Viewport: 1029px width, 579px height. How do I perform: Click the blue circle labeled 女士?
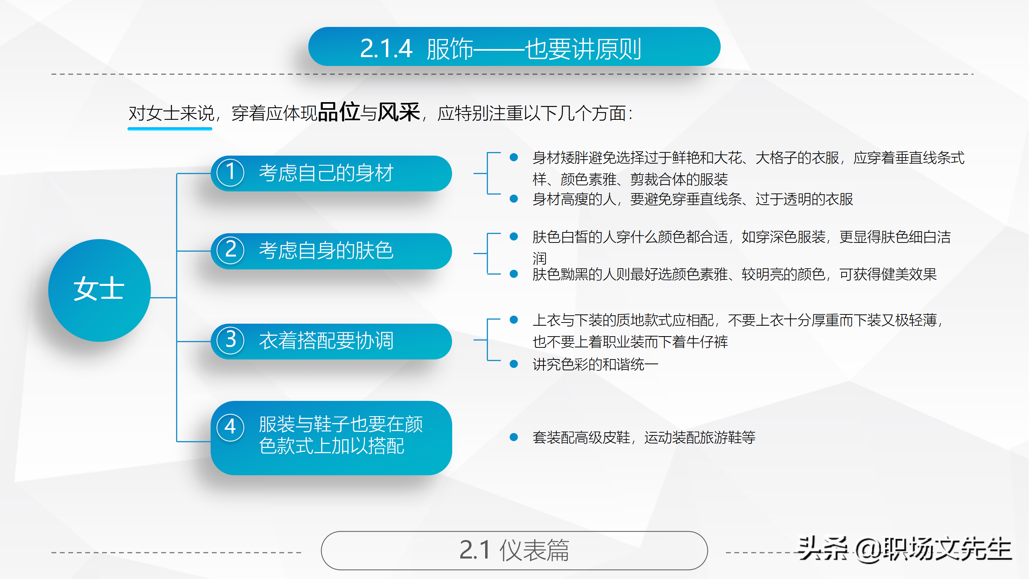coord(99,290)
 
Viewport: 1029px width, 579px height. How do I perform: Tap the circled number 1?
coord(230,172)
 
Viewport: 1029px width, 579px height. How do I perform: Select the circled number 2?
coord(230,250)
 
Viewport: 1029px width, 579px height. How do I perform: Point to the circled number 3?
coord(230,341)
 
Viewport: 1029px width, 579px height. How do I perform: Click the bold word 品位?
coord(338,112)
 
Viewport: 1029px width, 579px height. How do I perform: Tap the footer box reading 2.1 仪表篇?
coord(514,550)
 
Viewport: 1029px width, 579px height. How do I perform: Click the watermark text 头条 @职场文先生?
coord(904,549)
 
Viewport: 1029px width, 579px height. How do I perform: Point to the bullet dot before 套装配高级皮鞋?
coord(513,437)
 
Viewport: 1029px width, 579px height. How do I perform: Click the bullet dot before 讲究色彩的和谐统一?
coord(513,364)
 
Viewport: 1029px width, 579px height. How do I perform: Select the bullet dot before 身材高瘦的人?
coord(513,199)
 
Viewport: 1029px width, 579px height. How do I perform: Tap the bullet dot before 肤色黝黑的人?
coord(513,274)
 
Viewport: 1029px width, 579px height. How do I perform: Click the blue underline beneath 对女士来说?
coord(170,129)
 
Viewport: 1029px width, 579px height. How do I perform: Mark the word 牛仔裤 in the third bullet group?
coord(707,342)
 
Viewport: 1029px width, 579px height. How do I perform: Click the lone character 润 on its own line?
coord(539,258)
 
